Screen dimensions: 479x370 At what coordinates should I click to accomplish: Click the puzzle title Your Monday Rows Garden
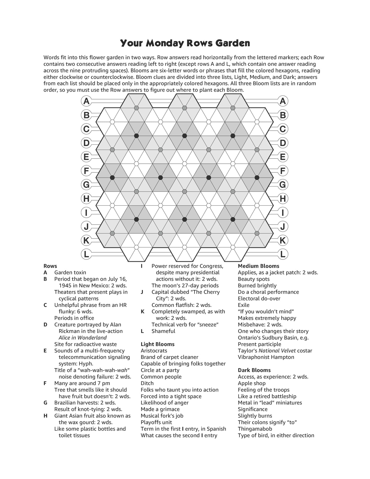[185, 43]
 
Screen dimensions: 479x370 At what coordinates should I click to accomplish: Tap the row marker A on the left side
[87, 101]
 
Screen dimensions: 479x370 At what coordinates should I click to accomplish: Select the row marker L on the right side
[282, 254]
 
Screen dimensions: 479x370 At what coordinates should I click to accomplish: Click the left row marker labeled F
[87, 171]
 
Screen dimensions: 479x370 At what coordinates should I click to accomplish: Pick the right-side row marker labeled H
[282, 199]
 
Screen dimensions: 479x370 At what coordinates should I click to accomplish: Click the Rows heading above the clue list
[50, 266]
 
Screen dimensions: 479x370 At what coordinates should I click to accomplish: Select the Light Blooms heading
[157, 344]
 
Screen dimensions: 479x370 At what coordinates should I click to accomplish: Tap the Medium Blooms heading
[258, 266]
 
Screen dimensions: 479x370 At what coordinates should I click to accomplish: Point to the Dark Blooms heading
[254, 370]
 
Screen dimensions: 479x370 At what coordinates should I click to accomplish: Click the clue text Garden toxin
[70, 272]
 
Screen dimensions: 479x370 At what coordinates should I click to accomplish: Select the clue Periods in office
[74, 318]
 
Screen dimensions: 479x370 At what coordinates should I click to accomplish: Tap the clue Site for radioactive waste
[86, 344]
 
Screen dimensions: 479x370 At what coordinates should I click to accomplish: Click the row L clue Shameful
[163, 331]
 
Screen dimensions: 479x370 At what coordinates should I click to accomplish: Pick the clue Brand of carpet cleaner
[170, 357]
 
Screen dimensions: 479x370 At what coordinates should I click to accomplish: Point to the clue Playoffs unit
[156, 422]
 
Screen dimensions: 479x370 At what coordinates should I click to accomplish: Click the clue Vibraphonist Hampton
[266, 357]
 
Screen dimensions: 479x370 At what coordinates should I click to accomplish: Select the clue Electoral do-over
[259, 298]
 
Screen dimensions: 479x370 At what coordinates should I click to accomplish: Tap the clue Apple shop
[251, 383]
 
